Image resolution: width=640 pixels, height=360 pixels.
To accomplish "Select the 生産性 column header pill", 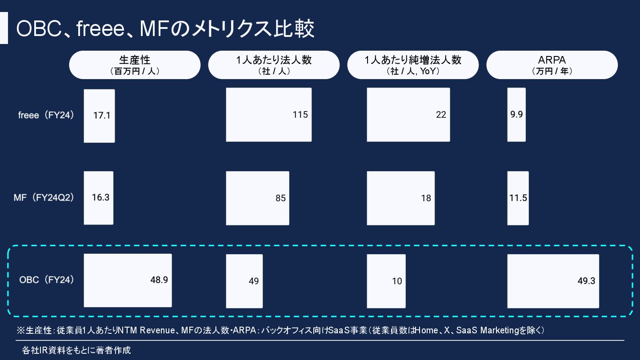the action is tap(135, 65).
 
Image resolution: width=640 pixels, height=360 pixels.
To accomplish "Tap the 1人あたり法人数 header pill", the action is tap(274, 65).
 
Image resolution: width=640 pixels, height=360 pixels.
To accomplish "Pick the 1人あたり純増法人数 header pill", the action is tap(413, 65).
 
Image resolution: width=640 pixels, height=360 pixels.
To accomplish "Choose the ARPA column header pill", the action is tap(552, 65).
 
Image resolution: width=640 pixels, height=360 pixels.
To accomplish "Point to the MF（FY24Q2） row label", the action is tap(44, 198).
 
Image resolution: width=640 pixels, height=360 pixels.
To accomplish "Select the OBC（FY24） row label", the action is tap(46, 280).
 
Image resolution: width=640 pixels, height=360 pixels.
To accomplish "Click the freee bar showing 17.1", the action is tap(100, 116).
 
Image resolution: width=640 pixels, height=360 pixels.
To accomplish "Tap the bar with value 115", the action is tap(268, 115).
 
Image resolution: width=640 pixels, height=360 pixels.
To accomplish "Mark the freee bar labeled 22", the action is tap(408, 115).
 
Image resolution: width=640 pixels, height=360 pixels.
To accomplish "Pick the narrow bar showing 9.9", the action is tap(516, 115).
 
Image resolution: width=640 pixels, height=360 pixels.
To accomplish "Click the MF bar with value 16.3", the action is tap(99, 198).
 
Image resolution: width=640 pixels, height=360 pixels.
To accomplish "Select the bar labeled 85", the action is tap(257, 198).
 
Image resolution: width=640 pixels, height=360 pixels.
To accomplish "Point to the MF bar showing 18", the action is tap(400, 198).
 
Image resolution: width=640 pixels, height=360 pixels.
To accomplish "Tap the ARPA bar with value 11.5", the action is tap(518, 198).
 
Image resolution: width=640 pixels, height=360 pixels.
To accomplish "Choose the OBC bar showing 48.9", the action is tap(128, 280).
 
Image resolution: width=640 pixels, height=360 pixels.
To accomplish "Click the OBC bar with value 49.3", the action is tap(553, 281).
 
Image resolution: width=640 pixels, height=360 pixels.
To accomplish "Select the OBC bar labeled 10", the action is tap(386, 281).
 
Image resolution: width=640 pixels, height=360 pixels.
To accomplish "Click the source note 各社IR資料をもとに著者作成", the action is tap(76, 350).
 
